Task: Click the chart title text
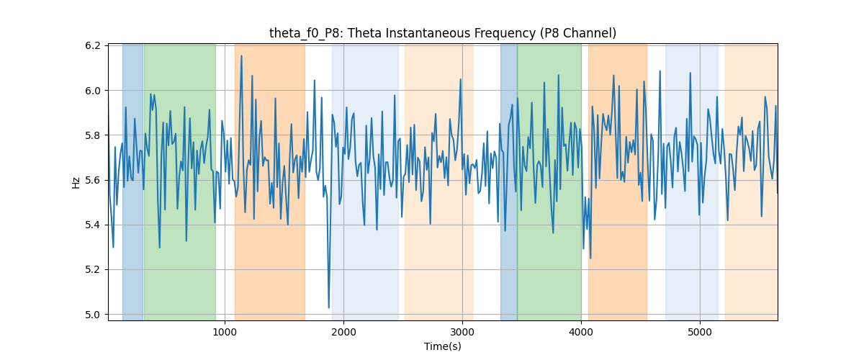click(x=442, y=33)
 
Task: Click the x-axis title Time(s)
click(x=442, y=346)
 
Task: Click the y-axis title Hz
click(x=76, y=183)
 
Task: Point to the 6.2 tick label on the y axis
click(x=93, y=46)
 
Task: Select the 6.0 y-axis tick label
click(x=93, y=91)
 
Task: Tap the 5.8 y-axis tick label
click(x=93, y=135)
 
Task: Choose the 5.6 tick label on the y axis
click(x=93, y=180)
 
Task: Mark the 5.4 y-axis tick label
click(x=93, y=225)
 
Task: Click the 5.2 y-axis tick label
click(x=93, y=270)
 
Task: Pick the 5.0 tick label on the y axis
click(x=93, y=315)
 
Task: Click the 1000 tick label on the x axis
click(x=225, y=332)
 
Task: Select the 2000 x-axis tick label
click(x=343, y=332)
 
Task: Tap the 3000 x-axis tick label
click(x=462, y=332)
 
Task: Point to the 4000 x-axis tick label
click(x=581, y=332)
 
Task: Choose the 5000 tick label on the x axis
click(x=700, y=332)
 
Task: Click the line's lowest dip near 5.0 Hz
click(x=328, y=307)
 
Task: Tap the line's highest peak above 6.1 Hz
click(x=241, y=56)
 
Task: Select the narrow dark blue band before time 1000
click(x=133, y=182)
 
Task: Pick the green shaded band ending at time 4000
click(x=549, y=182)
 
